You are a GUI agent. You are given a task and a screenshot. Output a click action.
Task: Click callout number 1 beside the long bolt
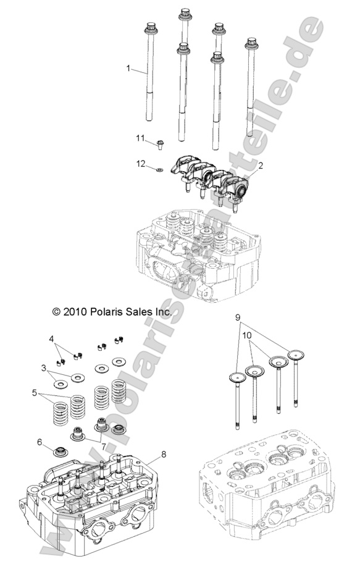pyautogui.click(x=128, y=69)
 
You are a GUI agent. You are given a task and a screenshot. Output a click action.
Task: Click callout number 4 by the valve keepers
pyautogui.click(x=52, y=338)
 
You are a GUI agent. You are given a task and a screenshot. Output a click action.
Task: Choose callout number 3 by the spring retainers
pyautogui.click(x=44, y=369)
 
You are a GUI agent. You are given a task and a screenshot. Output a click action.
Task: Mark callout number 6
pyautogui.click(x=40, y=442)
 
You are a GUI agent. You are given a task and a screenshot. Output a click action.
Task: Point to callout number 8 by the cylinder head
pyautogui.click(x=164, y=455)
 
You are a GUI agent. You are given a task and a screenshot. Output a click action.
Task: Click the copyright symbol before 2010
pyautogui.click(x=57, y=313)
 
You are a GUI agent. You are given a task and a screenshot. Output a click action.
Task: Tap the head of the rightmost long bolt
pyautogui.click(x=251, y=44)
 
